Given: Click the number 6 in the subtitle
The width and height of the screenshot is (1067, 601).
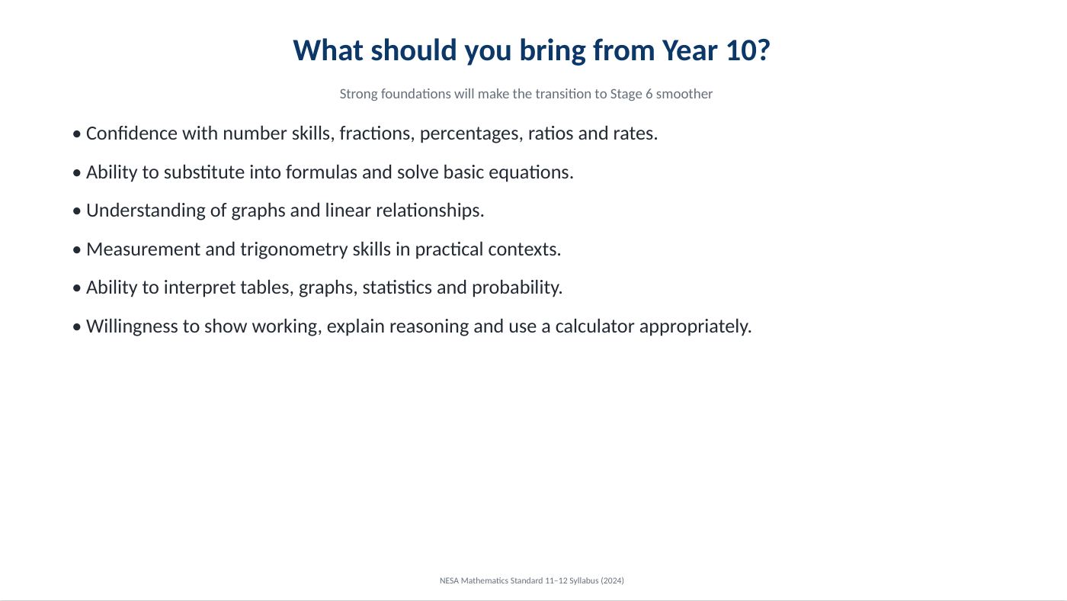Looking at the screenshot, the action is pos(649,94).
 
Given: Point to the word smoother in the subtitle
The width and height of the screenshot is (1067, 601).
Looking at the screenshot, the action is pos(684,94).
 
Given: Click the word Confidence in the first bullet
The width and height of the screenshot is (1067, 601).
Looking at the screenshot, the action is pos(131,133).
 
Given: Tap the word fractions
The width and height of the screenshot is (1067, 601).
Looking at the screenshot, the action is pos(376,133).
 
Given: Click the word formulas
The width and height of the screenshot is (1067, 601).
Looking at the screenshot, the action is pos(322,172).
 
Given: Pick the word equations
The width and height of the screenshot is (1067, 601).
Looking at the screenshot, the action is pos(531,173).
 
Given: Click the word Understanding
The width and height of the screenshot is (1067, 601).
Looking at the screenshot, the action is pos(146,211).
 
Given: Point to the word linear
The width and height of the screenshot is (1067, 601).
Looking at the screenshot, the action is pos(348,211).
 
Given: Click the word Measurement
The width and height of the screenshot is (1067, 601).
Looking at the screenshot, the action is pos(143,249).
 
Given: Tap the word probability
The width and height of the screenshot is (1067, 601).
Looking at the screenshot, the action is pos(517,288).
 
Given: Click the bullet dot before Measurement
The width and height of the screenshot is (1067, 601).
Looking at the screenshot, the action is pos(77,249).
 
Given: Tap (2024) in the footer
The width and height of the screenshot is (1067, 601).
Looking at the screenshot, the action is pos(612,580).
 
